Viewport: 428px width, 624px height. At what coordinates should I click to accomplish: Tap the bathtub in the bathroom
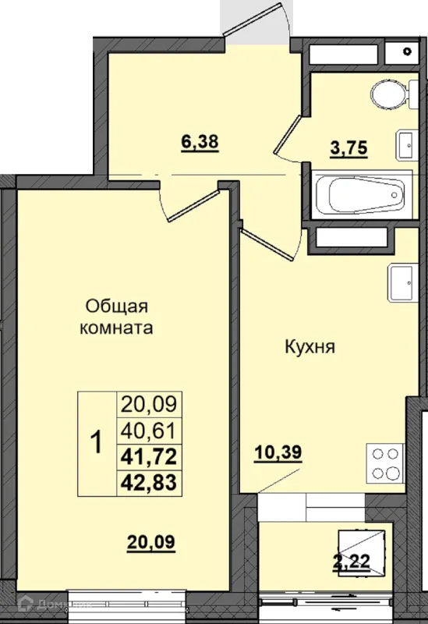[362, 194]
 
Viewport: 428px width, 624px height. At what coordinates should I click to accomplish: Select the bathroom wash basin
[406, 145]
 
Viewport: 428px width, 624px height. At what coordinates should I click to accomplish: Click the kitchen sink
[403, 283]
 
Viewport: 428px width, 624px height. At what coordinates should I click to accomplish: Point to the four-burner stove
[385, 463]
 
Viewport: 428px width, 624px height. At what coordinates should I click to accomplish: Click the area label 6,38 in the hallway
[200, 142]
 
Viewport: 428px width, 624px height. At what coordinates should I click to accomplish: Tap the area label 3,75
[348, 148]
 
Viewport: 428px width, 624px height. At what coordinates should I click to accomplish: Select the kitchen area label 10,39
[278, 453]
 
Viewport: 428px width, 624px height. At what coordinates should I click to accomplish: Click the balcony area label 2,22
[352, 562]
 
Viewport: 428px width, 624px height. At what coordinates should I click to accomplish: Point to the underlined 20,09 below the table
[151, 542]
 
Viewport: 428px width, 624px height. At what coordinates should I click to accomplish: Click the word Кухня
[310, 347]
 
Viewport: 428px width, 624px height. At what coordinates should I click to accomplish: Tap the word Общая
[117, 307]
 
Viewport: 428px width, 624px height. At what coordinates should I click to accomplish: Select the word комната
[116, 328]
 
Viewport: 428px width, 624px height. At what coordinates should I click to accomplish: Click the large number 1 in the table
[97, 443]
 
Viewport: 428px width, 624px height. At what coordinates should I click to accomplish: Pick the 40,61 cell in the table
[149, 431]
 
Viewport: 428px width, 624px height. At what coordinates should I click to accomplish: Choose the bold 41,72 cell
[149, 456]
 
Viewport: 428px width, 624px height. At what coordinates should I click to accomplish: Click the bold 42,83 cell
[149, 482]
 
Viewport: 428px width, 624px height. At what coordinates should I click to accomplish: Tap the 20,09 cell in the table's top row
[149, 405]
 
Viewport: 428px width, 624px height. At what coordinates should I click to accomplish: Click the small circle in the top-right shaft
[407, 51]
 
